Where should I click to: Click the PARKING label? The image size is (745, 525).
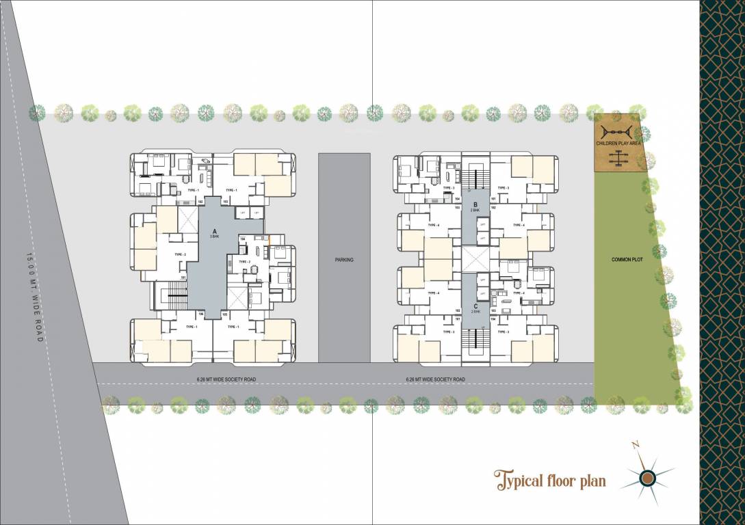pyautogui.click(x=343, y=260)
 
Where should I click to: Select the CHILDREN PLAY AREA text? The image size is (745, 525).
pyautogui.click(x=618, y=144)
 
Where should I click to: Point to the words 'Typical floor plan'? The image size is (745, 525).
pyautogui.click(x=551, y=481)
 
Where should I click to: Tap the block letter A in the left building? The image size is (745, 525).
pyautogui.click(x=215, y=230)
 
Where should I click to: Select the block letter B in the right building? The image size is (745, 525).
pyautogui.click(x=475, y=204)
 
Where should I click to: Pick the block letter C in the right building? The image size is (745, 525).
pyautogui.click(x=475, y=306)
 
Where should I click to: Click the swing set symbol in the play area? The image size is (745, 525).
pyautogui.click(x=618, y=132)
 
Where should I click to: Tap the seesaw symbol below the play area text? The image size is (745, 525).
pyautogui.click(x=618, y=158)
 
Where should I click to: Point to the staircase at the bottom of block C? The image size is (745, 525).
pyautogui.click(x=475, y=342)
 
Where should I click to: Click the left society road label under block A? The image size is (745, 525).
pyautogui.click(x=226, y=379)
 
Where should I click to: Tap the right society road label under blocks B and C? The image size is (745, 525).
pyautogui.click(x=435, y=379)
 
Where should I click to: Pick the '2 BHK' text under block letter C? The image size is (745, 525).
pyautogui.click(x=475, y=312)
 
